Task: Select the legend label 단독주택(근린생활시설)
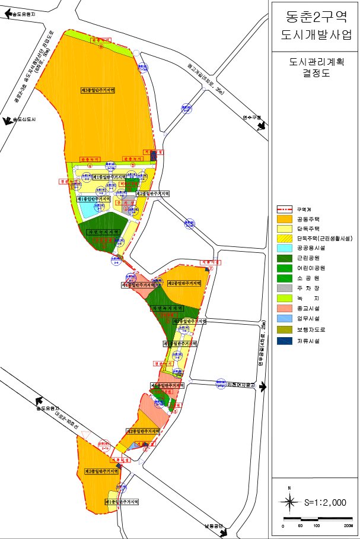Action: click(324, 239)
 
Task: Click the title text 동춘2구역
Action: click(314, 16)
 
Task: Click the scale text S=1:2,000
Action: click(325, 502)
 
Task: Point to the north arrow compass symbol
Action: click(289, 502)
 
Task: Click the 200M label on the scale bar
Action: click(348, 526)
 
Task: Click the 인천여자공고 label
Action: click(241, 385)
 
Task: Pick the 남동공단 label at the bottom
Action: click(213, 525)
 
